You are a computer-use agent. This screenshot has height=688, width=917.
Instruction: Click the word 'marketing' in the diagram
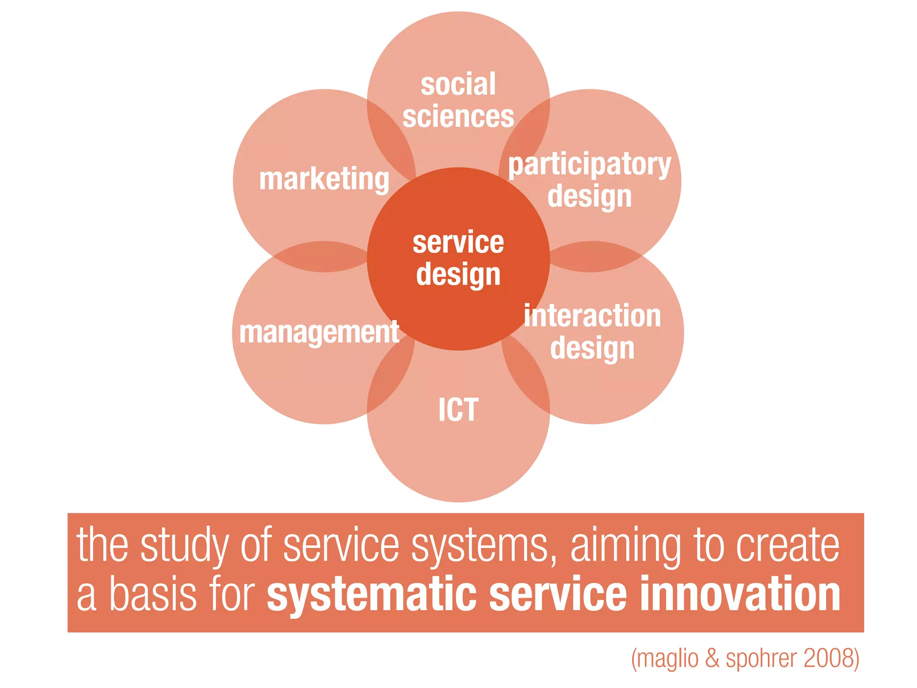[324, 179]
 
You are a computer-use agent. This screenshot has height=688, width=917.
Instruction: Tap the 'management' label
[319, 332]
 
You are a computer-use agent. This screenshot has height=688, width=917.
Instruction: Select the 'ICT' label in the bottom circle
[458, 410]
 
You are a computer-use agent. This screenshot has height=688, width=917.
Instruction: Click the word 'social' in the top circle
[458, 84]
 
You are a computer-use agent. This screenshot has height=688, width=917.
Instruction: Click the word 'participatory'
[589, 165]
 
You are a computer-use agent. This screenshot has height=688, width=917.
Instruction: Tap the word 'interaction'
[592, 316]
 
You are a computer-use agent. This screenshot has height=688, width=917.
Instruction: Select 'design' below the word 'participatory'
[589, 197]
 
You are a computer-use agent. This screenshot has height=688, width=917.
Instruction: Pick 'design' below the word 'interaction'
[592, 348]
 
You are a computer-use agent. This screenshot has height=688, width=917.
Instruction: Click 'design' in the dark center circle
[458, 275]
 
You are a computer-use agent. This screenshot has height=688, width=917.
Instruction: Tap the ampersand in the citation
[712, 658]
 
